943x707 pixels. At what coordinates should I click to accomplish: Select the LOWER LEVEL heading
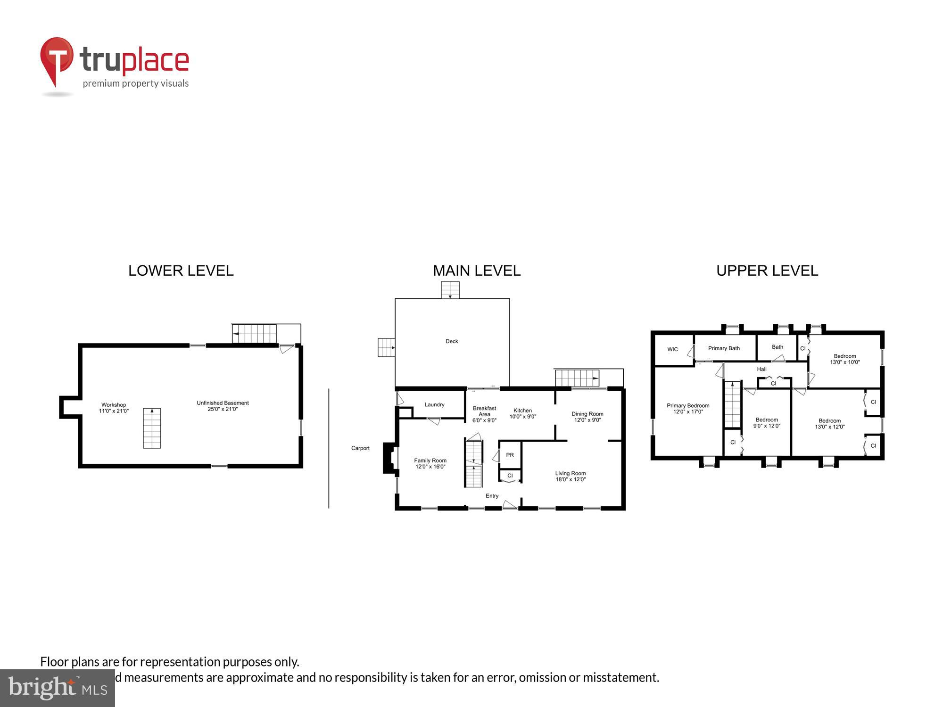[181, 271]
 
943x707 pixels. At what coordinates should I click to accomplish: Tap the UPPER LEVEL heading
[767, 271]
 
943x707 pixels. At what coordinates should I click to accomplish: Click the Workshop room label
[114, 408]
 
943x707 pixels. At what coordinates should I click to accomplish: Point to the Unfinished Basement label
[223, 406]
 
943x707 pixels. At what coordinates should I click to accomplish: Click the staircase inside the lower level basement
[152, 428]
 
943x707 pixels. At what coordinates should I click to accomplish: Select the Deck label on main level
[452, 341]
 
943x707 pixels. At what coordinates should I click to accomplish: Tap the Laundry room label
[434, 404]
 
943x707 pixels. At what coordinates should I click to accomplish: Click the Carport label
[360, 448]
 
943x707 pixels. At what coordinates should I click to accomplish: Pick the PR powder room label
[510, 455]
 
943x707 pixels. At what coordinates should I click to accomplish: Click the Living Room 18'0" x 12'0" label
[571, 476]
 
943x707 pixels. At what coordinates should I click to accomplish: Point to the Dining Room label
[587, 417]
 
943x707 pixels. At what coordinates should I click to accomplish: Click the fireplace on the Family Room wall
[389, 458]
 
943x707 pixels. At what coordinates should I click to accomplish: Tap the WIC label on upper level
[672, 349]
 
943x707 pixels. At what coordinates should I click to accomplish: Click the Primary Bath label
[724, 348]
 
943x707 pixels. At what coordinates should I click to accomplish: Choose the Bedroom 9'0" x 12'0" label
[767, 422]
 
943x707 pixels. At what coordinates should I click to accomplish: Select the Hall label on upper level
[761, 369]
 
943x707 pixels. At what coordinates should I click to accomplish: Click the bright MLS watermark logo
[58, 688]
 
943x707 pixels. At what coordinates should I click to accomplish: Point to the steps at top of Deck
[450, 290]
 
